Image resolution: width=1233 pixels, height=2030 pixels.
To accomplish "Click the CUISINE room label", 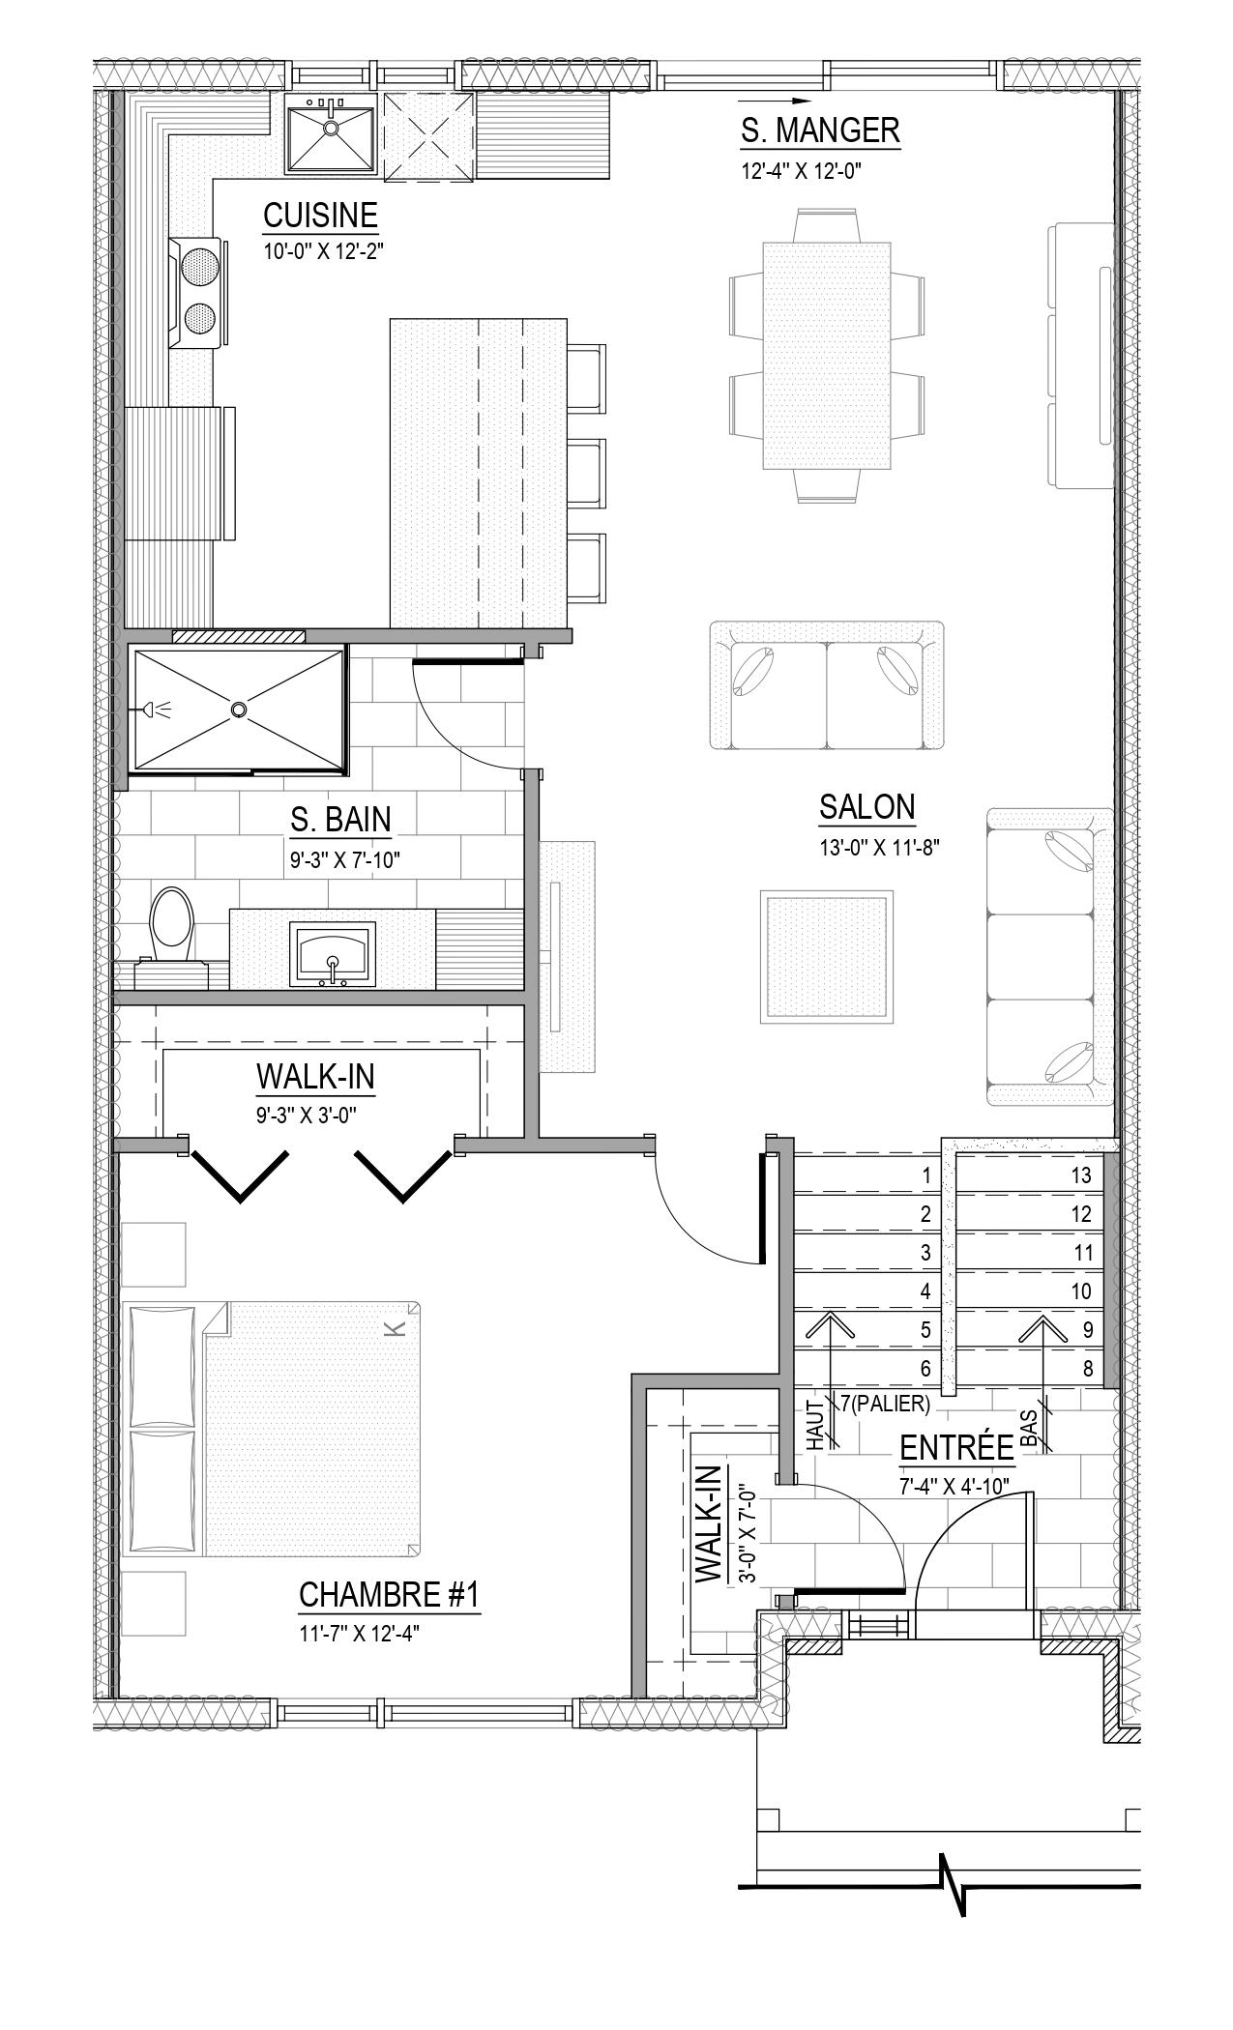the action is [x=320, y=215].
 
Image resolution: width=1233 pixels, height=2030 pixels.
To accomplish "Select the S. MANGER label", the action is [x=820, y=130].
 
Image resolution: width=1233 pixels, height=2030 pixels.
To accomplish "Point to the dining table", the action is [x=827, y=356].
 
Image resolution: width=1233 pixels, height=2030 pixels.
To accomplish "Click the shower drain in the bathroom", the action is [x=238, y=710].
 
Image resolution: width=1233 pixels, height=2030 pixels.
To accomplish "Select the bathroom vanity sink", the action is [x=332, y=954].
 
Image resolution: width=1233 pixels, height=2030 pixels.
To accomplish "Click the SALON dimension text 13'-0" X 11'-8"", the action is [x=879, y=848].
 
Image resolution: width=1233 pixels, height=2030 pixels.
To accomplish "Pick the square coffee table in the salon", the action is [x=825, y=956].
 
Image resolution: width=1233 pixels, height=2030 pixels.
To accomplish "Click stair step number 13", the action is [x=1081, y=1175].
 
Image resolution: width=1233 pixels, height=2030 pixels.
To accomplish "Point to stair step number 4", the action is [x=925, y=1290].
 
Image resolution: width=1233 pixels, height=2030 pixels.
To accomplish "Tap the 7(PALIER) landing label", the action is [x=885, y=1404].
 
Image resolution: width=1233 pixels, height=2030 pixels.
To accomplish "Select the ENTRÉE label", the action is [x=956, y=1448].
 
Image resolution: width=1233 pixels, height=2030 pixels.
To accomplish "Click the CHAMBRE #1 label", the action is [x=389, y=1595].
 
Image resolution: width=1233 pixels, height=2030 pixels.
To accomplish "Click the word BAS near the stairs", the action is [x=1029, y=1430].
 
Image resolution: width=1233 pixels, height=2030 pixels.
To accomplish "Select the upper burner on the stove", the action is [x=200, y=265].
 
